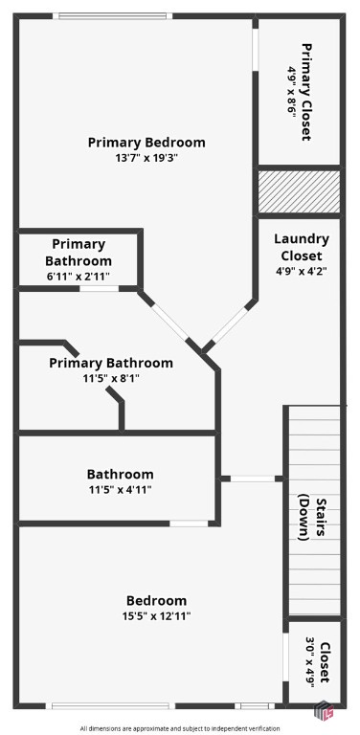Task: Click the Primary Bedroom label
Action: pyautogui.click(x=146, y=142)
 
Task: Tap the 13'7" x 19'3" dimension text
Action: pyautogui.click(x=146, y=158)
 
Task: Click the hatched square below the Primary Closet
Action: pyautogui.click(x=299, y=191)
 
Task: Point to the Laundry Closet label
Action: pyautogui.click(x=302, y=247)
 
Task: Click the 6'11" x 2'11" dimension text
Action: pyautogui.click(x=79, y=277)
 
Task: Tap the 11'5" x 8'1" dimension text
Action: pyautogui.click(x=111, y=378)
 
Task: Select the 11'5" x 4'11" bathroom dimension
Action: pyautogui.click(x=120, y=490)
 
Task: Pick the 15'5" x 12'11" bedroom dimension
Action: pyautogui.click(x=157, y=616)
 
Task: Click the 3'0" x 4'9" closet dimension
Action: pyautogui.click(x=310, y=662)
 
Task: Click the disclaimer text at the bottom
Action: pyautogui.click(x=180, y=728)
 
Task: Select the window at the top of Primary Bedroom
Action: pyautogui.click(x=113, y=16)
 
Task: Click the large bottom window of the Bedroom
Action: pyautogui.click(x=110, y=705)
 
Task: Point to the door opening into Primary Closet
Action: pyautogui.click(x=255, y=50)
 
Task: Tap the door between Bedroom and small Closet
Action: pyautogui.click(x=285, y=657)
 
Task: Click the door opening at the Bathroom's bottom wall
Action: pyautogui.click(x=189, y=523)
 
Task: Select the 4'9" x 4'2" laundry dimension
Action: pyautogui.click(x=302, y=271)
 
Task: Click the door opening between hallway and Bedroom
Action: pyautogui.click(x=253, y=479)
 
